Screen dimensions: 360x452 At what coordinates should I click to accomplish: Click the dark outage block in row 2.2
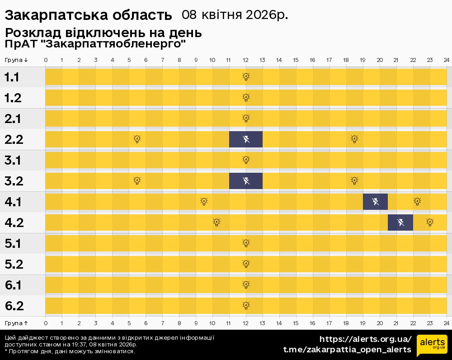pos(246,139)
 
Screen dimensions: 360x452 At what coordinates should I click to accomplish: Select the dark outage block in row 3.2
pos(246,181)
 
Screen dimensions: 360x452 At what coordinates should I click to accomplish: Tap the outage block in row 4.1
pos(375,202)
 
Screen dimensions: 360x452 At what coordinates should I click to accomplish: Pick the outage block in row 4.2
pos(400,223)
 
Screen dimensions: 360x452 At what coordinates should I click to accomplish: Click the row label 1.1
pos(12,77)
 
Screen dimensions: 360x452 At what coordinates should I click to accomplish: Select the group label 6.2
pos(14,306)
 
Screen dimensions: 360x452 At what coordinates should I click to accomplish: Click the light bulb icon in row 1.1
pos(246,77)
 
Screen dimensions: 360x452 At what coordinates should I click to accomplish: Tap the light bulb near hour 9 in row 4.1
pos(204,202)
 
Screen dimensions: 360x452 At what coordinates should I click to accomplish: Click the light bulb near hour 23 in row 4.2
pos(430,223)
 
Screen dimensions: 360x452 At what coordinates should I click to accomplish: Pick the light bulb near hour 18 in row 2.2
pos(355,139)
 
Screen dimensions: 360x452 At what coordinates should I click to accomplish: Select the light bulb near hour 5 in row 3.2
pos(137,181)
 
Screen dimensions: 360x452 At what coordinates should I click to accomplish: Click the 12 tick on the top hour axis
pos(246,60)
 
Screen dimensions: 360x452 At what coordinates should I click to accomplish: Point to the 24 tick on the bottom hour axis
pos(446,323)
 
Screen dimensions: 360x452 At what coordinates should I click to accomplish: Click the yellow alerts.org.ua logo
pos(432,346)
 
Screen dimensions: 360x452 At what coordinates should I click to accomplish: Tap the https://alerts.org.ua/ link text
pos(365,339)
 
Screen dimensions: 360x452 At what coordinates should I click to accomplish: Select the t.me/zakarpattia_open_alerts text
pos(347,350)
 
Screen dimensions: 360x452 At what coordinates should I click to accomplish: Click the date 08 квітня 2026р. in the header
pos(235,15)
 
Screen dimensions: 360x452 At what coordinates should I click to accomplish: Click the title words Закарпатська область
pos(88,15)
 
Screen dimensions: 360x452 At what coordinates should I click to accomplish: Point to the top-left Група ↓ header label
pos(17,60)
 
